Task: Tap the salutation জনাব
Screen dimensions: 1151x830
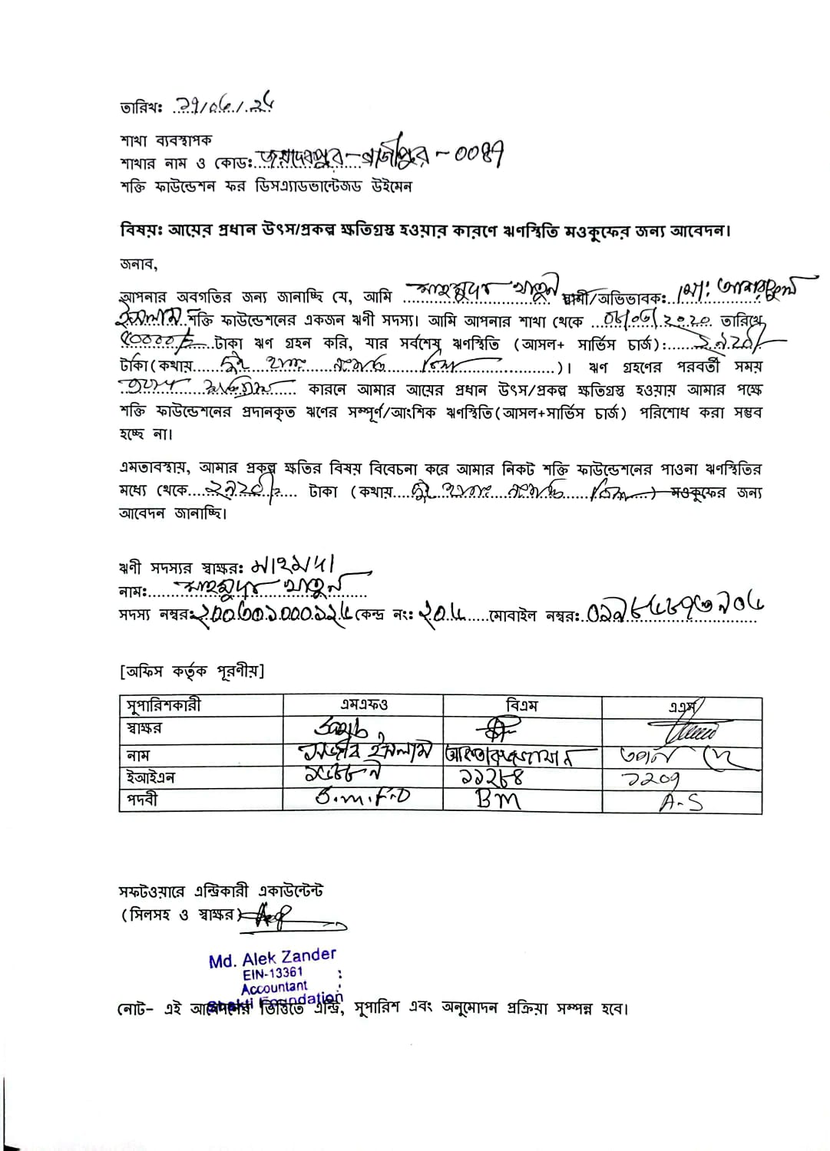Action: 138,264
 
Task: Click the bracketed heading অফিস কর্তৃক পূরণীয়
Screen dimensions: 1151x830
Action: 192,671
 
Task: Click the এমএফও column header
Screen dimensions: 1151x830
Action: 364,704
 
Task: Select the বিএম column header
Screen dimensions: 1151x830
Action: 522,704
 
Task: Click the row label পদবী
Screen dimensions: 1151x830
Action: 143,800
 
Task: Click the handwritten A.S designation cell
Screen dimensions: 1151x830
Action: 680,802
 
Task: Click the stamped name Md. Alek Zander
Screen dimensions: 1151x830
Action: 273,958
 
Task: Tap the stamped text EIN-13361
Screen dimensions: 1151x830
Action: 273,973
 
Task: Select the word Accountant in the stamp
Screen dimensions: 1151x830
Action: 274,988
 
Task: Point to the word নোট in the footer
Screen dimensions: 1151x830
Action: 132,1008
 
